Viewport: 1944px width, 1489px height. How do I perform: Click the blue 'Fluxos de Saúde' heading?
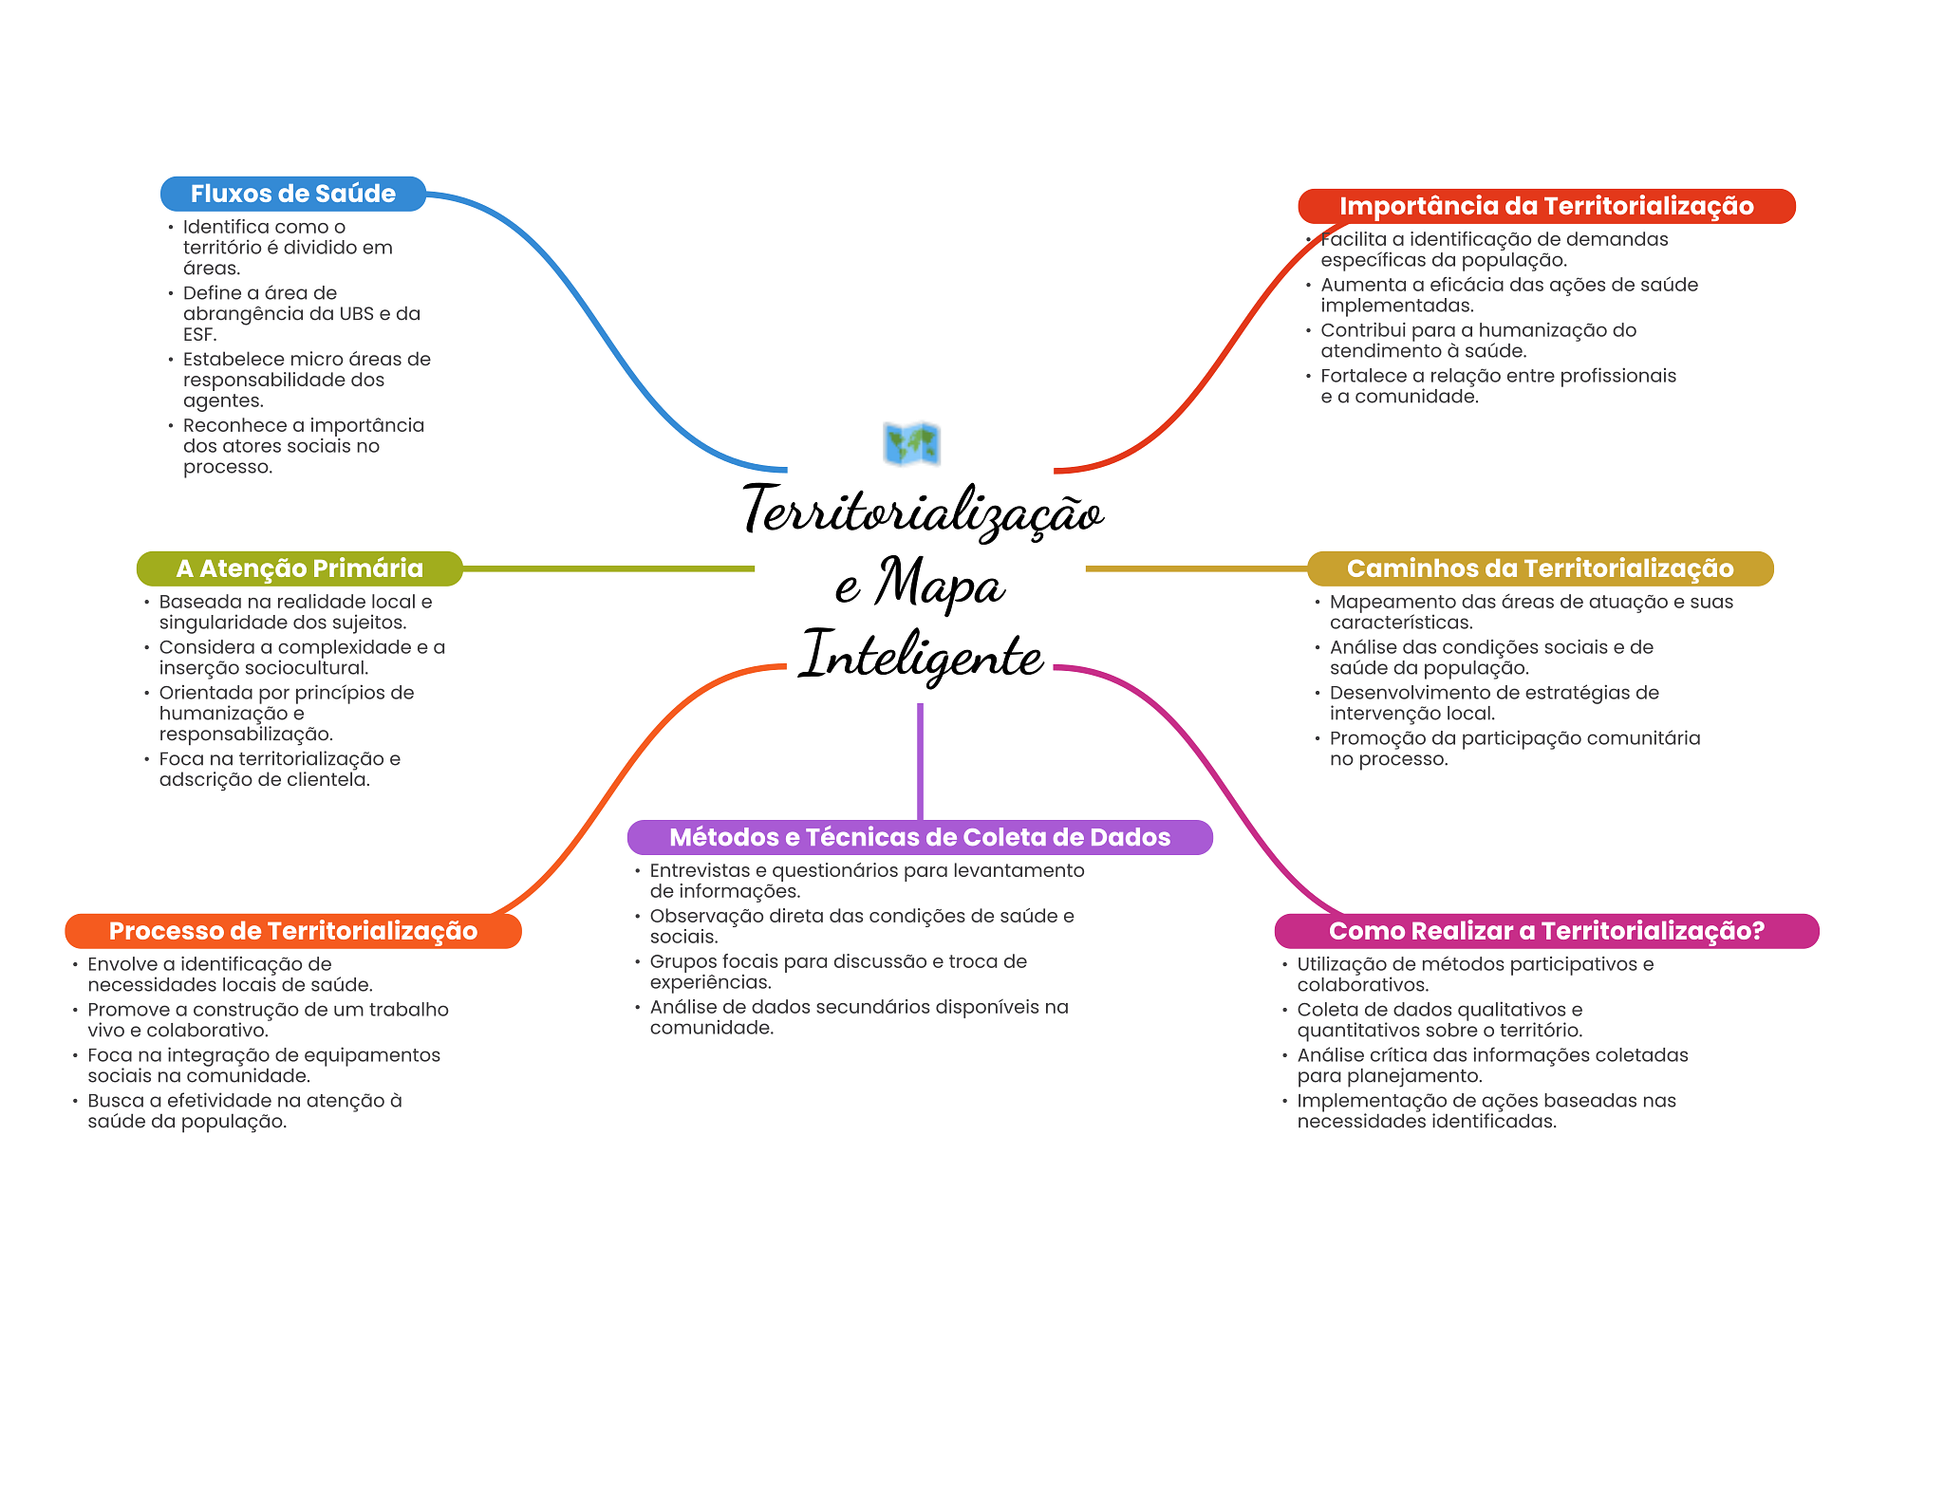(x=292, y=194)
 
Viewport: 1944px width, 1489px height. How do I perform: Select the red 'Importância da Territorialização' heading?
(x=1545, y=206)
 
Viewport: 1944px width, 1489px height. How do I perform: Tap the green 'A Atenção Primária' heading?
(x=299, y=568)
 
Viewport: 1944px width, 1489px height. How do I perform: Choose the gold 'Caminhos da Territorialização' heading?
(x=1540, y=568)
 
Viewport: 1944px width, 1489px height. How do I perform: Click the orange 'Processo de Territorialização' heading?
(x=292, y=931)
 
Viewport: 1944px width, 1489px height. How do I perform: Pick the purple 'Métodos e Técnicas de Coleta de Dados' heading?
(x=919, y=837)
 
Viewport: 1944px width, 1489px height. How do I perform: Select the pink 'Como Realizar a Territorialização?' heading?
(x=1545, y=931)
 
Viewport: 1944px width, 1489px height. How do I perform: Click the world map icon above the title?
(x=911, y=444)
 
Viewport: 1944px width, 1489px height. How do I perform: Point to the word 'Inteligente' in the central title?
(x=921, y=655)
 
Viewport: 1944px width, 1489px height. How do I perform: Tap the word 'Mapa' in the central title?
(x=940, y=584)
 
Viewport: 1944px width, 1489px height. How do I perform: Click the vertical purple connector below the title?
(x=920, y=759)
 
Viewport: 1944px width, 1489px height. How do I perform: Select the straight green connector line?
(x=607, y=568)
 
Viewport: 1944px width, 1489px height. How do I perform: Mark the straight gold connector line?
(x=1196, y=568)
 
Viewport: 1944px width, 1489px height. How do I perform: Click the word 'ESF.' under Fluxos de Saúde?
(x=200, y=335)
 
